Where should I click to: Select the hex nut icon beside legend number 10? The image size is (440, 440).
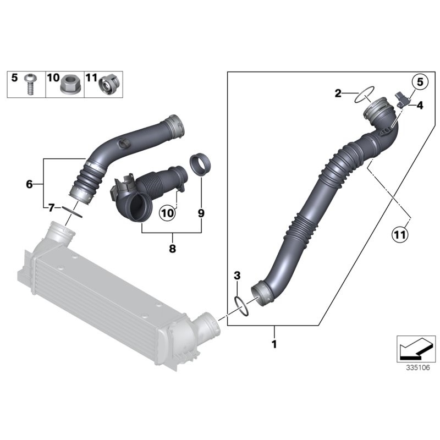click(70, 84)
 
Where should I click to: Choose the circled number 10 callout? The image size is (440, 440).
click(167, 211)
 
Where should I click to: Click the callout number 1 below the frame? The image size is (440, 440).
click(274, 345)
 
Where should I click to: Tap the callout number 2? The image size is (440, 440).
click(338, 94)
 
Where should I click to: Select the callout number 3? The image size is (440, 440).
click(237, 274)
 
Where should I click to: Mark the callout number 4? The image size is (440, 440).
click(420, 105)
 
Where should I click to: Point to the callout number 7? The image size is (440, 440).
click(51, 207)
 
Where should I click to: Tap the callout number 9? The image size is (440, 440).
click(201, 211)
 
